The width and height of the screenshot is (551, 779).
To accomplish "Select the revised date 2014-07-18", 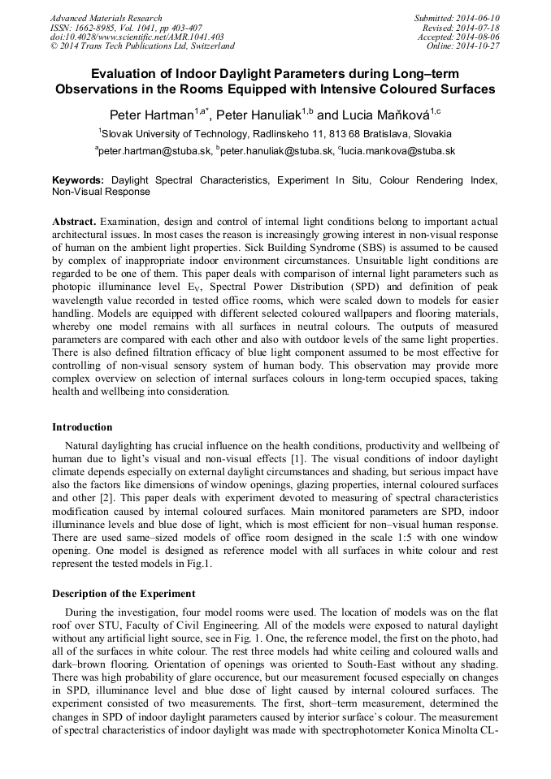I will point(479,28).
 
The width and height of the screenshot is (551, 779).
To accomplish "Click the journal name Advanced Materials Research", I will point(106,18).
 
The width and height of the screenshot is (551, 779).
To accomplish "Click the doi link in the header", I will point(137,37).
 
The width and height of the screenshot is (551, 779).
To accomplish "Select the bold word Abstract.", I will point(75,222).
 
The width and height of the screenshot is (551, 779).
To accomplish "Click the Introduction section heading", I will point(82,427).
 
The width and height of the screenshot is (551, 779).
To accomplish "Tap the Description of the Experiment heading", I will point(124,594).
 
